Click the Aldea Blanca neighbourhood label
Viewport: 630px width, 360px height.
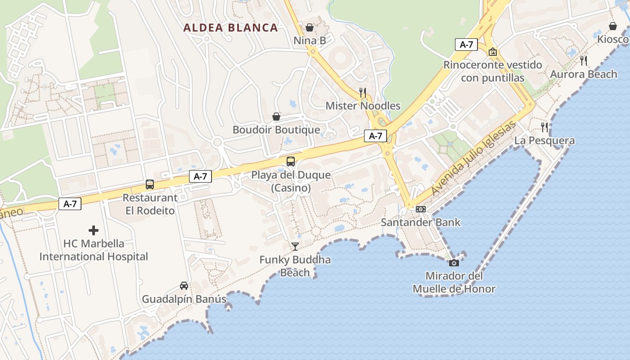pos(230,27)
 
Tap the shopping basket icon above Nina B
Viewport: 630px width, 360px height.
pos(310,27)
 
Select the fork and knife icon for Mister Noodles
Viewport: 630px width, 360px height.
pos(363,93)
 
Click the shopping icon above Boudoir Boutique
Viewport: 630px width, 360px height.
pos(276,117)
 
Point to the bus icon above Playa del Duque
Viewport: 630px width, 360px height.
pos(291,161)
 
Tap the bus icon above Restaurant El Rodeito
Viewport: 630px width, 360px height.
pos(150,184)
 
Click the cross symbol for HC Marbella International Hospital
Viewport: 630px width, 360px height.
pos(94,230)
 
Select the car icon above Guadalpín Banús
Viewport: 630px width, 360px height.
pos(184,286)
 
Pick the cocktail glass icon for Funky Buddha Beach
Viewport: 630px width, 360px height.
pos(295,246)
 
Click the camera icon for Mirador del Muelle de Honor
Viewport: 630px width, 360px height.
pos(454,263)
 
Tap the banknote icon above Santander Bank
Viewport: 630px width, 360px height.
pos(421,209)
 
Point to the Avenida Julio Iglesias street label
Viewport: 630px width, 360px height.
pos(473,159)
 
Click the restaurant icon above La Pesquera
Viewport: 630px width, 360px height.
pos(544,127)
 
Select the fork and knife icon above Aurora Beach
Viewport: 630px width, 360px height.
pos(584,61)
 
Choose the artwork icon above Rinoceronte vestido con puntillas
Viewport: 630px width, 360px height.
pos(493,52)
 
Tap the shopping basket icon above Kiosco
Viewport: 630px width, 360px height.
pos(613,26)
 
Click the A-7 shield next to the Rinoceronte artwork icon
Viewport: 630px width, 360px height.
pos(466,45)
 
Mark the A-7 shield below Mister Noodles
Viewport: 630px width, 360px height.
pos(375,136)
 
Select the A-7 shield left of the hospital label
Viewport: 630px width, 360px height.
pos(70,204)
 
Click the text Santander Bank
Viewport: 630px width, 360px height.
pos(421,222)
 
